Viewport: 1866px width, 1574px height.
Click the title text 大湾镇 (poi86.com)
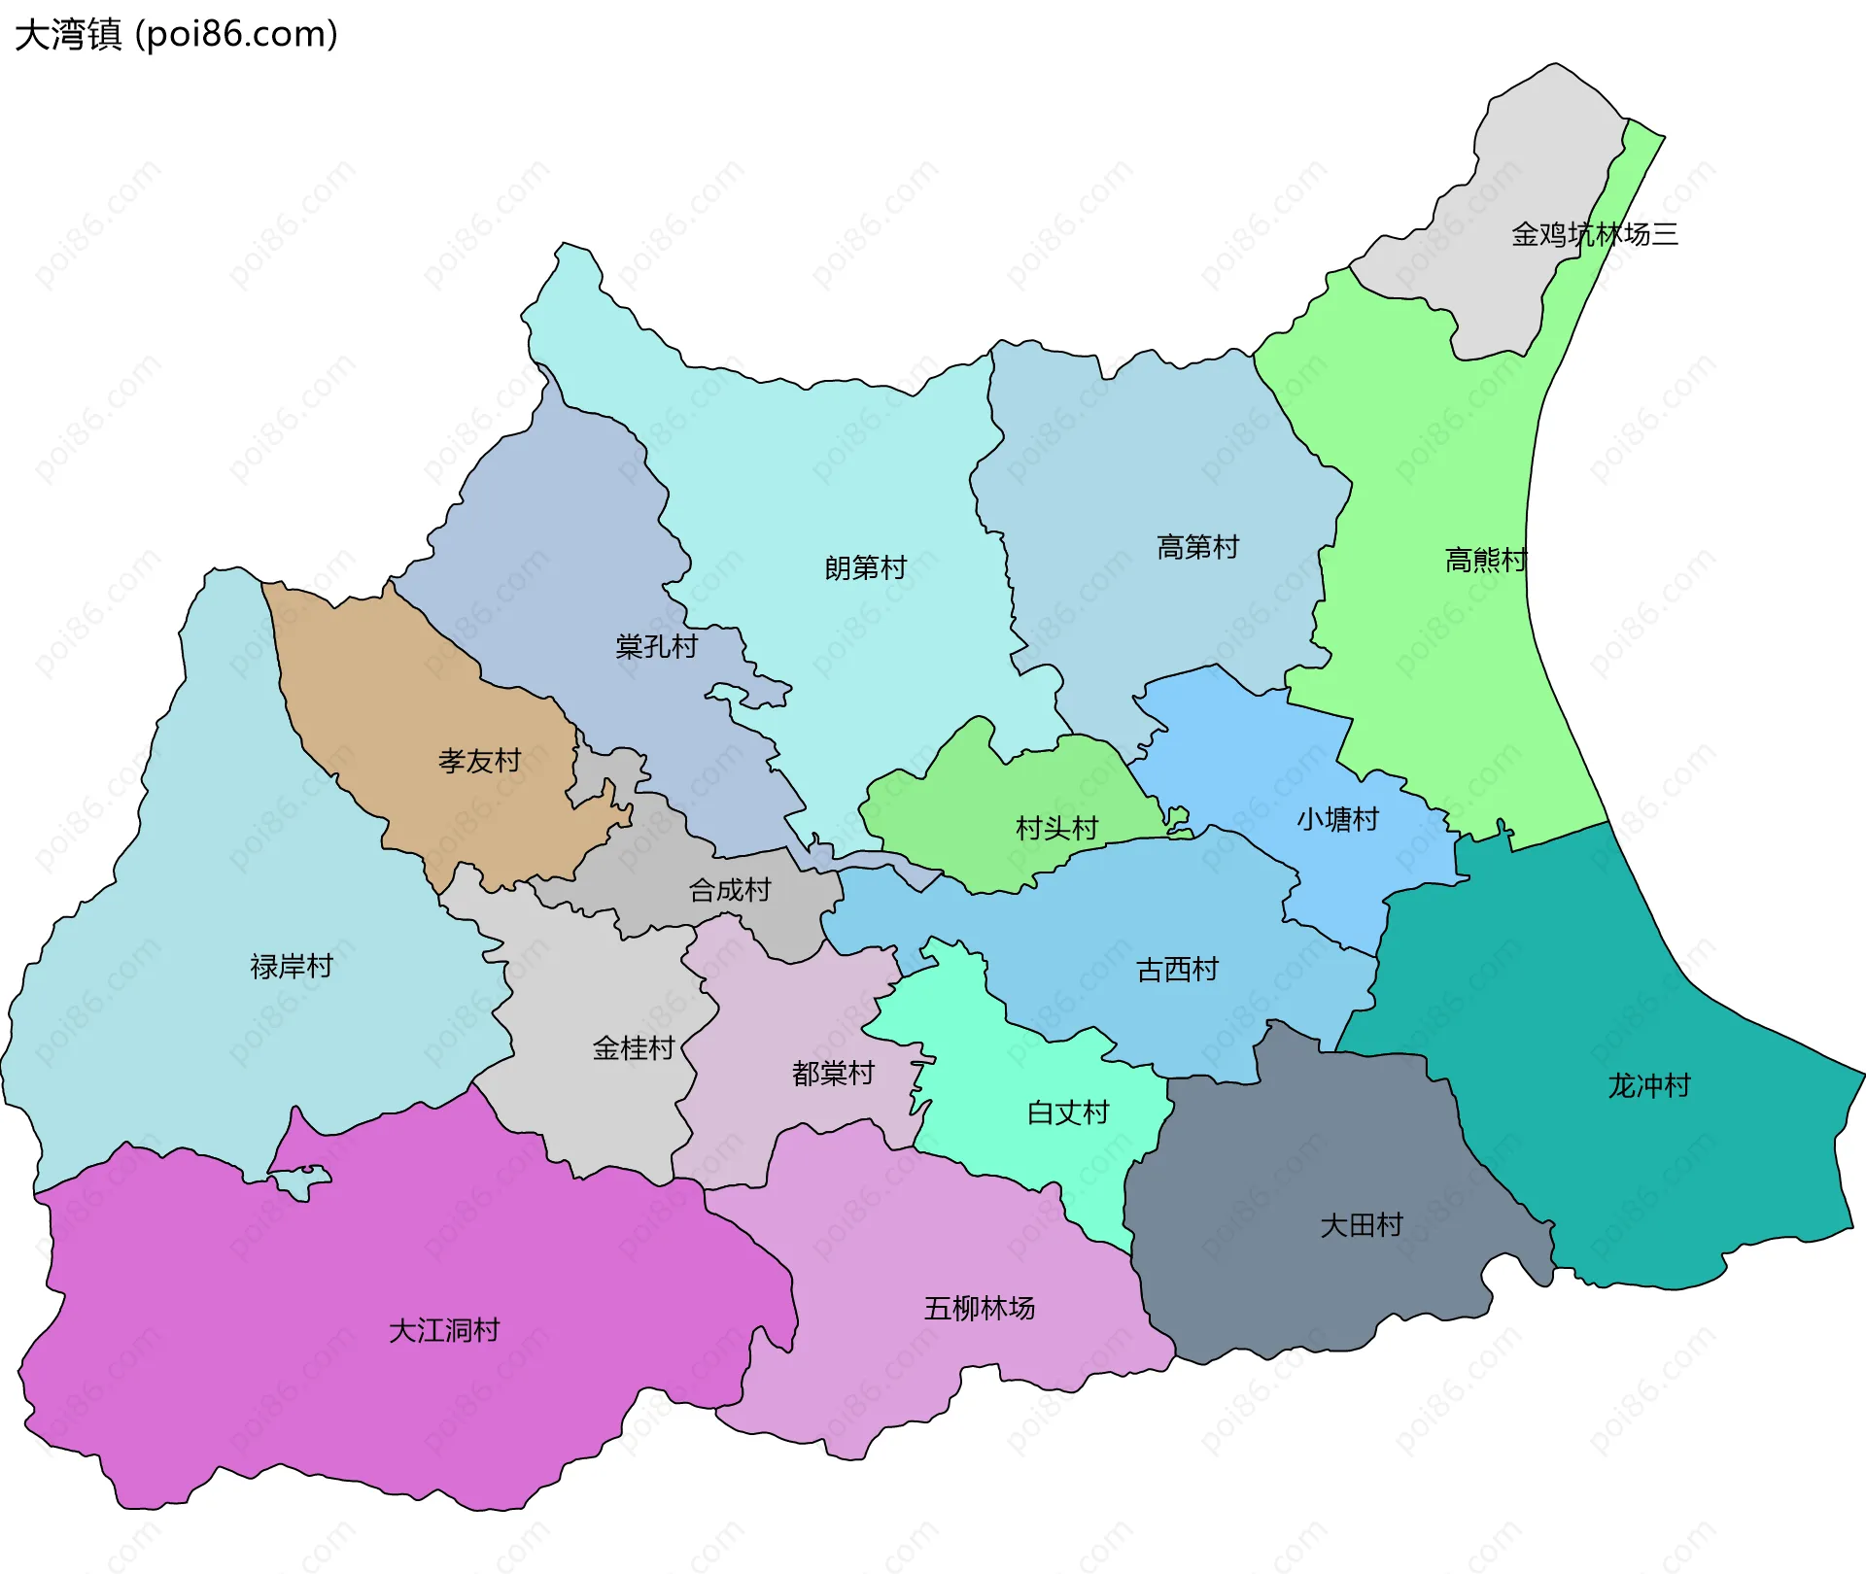point(176,34)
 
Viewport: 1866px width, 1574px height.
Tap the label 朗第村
point(865,567)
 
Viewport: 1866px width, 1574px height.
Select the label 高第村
point(1197,547)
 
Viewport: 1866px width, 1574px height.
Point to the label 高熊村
point(1486,560)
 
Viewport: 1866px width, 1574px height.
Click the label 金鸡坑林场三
point(1594,234)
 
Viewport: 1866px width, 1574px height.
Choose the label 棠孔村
point(656,646)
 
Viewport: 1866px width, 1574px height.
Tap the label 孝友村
point(479,761)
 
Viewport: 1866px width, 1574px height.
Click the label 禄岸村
point(292,966)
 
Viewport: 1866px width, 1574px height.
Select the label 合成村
point(729,889)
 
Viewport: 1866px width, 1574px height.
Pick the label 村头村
point(1056,828)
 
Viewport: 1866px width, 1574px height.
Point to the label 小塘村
point(1337,819)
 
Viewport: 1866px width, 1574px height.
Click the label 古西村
point(1177,969)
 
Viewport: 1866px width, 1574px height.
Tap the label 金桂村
point(634,1047)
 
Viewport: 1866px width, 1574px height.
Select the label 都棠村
point(833,1073)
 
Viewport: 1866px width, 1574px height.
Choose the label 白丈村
point(1068,1112)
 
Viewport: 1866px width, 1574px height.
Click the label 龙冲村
point(1649,1085)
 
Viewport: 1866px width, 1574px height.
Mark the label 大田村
point(1362,1224)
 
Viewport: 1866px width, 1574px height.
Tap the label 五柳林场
point(980,1308)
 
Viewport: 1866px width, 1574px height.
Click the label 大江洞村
point(444,1330)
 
